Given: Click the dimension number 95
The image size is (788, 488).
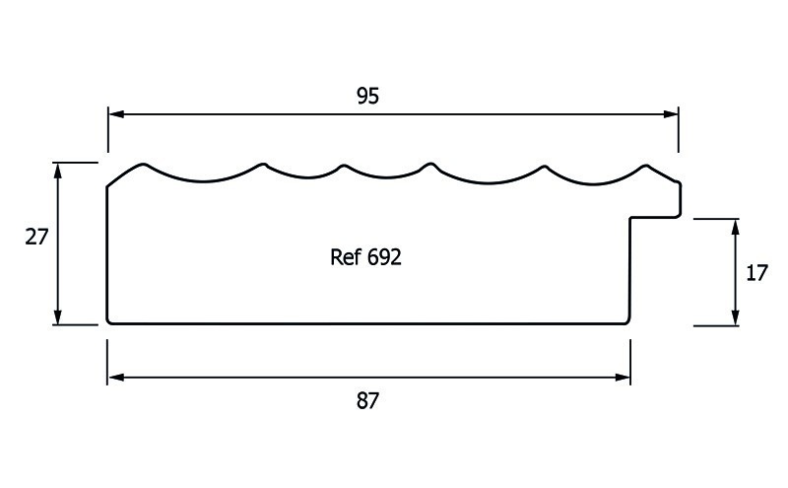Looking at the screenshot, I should pos(366,96).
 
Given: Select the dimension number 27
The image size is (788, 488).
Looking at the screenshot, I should pos(36,237).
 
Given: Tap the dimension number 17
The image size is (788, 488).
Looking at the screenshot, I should pos(756,272).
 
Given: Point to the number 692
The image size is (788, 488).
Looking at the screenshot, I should pos(384,258).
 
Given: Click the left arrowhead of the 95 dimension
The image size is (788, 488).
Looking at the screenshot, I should pos(114,114).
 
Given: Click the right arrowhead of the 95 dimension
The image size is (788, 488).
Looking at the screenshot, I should pos(672,114).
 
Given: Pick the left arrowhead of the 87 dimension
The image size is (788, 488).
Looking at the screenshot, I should pos(114,377).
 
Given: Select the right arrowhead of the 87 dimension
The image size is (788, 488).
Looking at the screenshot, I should pos(624,377).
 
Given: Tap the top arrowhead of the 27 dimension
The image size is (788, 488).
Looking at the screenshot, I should pos(59,170).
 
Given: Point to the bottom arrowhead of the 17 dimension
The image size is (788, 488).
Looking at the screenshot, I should pos(735,316).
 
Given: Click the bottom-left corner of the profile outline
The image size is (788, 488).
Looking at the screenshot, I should pos(108,321).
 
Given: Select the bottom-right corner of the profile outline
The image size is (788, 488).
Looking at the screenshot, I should pos(628,321).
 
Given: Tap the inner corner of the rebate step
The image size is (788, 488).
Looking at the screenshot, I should pos(631,217).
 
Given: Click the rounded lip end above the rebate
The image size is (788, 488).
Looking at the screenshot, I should pos(679,198).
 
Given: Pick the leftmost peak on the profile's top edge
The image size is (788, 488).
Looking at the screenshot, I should pos(145,164).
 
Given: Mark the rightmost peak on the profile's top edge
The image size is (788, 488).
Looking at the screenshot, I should pos(646,165).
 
